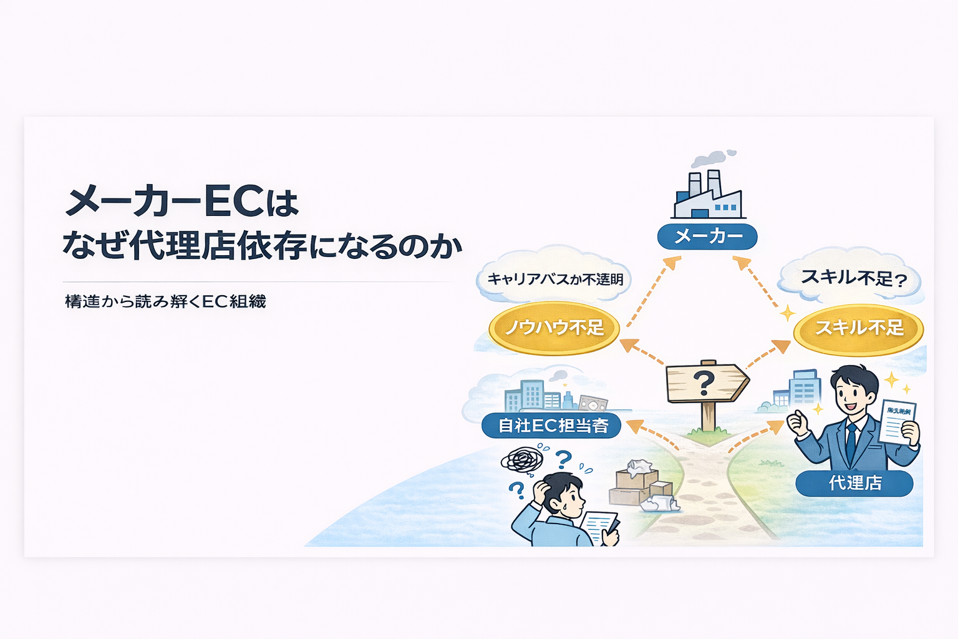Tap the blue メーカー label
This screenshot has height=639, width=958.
coord(707,237)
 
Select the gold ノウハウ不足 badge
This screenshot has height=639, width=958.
coord(554,328)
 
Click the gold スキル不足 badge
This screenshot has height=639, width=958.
coord(858,328)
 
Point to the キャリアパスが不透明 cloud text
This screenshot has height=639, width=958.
coord(554,279)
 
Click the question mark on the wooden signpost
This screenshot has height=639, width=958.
coord(704,382)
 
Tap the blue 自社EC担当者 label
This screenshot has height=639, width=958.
coord(552,426)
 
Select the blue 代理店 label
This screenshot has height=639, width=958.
coord(854,482)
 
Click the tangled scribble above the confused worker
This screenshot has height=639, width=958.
coord(523,461)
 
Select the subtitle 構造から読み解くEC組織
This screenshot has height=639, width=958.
coord(165,301)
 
